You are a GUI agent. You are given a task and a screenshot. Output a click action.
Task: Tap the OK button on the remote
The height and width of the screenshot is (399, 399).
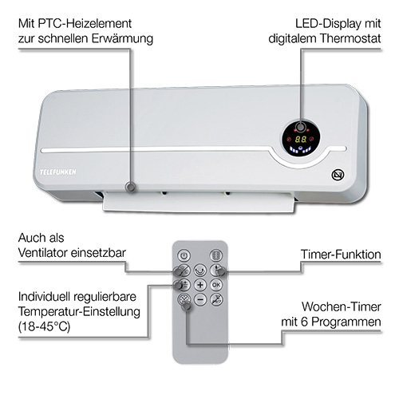(x=216, y=285)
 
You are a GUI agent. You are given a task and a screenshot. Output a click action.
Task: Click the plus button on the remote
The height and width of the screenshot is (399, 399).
(x=200, y=285)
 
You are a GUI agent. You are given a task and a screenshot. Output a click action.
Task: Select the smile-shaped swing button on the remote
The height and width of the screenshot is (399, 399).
(x=200, y=271)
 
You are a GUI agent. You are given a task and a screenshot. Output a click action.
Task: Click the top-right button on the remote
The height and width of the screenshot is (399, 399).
(x=216, y=255)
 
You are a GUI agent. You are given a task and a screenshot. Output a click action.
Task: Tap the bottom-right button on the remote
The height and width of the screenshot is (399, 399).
(x=216, y=299)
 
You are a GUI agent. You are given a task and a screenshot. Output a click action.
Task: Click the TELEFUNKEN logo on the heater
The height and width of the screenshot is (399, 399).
(x=58, y=172)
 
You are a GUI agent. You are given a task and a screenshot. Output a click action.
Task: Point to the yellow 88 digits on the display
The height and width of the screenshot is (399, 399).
(x=301, y=139)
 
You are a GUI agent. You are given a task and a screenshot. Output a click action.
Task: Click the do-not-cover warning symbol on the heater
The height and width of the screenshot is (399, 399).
(x=338, y=175)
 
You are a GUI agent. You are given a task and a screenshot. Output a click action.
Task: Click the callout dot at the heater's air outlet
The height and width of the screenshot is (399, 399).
(x=130, y=187)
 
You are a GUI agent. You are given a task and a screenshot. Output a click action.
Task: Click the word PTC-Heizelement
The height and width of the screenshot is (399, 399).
(x=85, y=24)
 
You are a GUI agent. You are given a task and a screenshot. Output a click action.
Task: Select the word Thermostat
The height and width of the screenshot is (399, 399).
(x=350, y=38)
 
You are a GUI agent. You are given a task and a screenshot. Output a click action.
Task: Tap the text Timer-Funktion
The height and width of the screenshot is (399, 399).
(x=341, y=255)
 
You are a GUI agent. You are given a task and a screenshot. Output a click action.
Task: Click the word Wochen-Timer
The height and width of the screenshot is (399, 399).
(x=342, y=306)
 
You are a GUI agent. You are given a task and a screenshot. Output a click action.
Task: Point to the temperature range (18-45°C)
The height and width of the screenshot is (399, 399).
(x=44, y=326)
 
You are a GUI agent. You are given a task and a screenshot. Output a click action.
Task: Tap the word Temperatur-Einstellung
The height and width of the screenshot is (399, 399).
(x=79, y=312)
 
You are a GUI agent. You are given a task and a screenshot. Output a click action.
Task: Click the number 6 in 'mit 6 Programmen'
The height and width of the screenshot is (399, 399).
(x=305, y=322)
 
